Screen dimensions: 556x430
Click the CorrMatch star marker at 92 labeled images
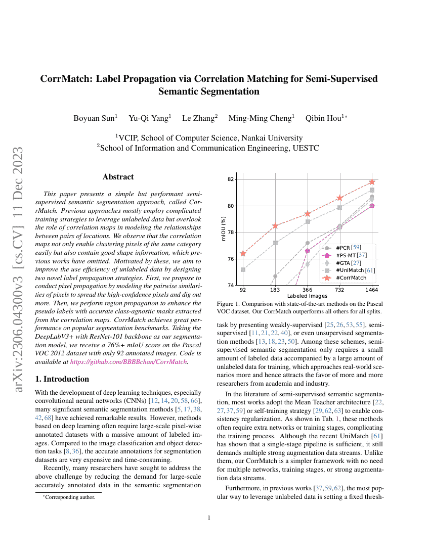(243, 254)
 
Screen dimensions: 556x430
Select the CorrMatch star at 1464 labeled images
(372, 181)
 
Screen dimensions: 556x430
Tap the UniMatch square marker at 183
(275, 243)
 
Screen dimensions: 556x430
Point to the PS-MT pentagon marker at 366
(308, 250)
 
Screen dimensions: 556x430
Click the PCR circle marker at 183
(275, 276)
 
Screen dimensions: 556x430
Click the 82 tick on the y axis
(231, 179)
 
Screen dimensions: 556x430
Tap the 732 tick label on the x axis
(339, 290)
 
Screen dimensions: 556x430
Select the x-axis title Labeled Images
(307, 296)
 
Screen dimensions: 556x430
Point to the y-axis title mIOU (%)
(223, 228)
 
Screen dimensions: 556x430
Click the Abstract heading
(118, 177)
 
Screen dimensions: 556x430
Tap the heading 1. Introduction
(62, 379)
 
